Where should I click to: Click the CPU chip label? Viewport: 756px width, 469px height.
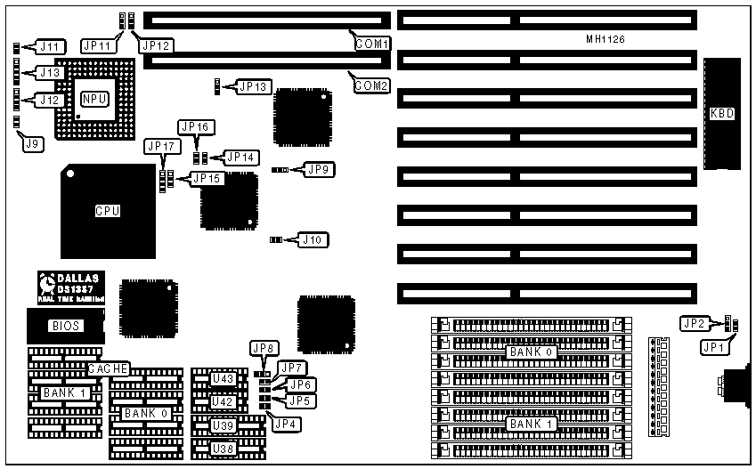108,211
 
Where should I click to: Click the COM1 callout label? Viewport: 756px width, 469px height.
371,44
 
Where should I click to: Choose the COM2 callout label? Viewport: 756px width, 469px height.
371,85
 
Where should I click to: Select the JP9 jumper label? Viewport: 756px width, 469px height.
319,167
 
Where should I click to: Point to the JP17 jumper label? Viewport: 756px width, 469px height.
162,146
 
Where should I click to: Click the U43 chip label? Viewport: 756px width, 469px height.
224,379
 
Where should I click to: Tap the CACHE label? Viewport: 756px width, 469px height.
109,368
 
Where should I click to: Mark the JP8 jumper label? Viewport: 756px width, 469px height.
264,348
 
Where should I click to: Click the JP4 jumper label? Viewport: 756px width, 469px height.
285,423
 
